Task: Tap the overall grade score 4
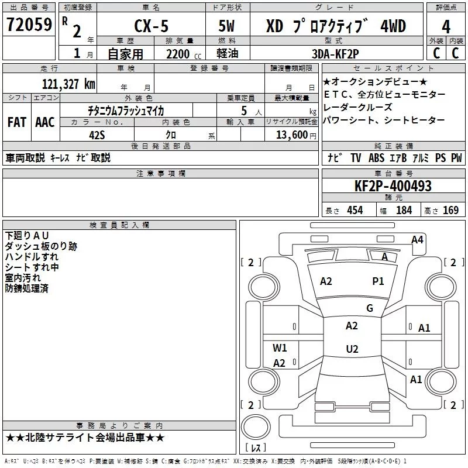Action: coord(446,27)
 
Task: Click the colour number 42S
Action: coord(97,134)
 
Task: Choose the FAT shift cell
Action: coord(17,122)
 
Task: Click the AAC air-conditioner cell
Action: coord(44,122)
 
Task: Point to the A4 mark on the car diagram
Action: coord(417,239)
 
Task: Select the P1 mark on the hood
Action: coord(378,281)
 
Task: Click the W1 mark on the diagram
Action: coord(280,348)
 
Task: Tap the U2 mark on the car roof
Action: coord(352,349)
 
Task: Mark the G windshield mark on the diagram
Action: coord(369,308)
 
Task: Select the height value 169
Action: coord(450,211)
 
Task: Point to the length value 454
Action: coord(355,211)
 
